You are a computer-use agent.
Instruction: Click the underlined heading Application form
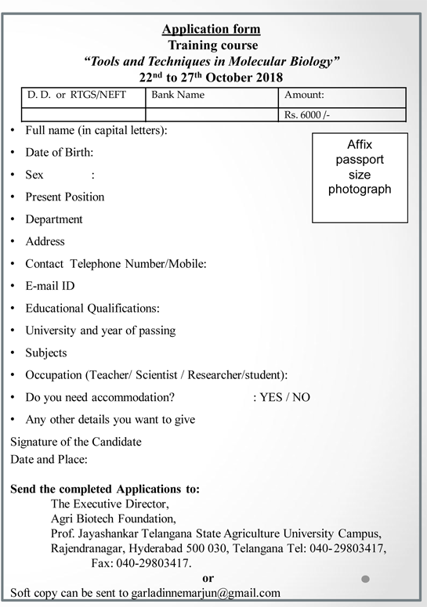211,30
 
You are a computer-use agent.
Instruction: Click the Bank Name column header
179,96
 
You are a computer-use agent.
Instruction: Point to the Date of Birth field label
60,152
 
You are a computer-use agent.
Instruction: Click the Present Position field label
64,197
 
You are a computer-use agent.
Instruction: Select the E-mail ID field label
50,286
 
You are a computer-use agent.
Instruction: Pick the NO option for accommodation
301,397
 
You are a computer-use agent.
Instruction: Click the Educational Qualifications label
92,308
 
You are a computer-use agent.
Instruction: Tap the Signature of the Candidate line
76,442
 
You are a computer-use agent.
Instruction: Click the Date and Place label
49,459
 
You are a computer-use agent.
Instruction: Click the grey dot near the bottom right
366,580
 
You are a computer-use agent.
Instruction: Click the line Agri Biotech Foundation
114,518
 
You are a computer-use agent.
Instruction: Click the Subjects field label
46,352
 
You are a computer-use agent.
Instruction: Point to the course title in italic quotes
212,61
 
